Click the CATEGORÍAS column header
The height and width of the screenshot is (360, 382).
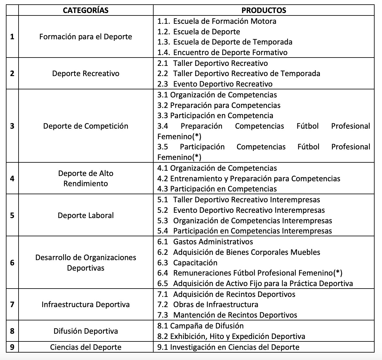click(x=86, y=10)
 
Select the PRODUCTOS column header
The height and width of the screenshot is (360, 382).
click(x=264, y=10)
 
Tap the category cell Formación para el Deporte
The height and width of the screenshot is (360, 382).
click(x=86, y=36)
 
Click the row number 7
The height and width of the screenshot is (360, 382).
click(x=12, y=304)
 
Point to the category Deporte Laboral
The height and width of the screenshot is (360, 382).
click(x=86, y=215)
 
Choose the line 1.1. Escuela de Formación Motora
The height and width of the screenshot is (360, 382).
click(x=217, y=21)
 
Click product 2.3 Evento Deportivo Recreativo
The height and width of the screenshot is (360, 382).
click(x=215, y=84)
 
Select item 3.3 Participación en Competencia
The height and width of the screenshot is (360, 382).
click(x=215, y=115)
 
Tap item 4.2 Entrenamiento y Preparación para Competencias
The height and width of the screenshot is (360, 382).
click(x=248, y=178)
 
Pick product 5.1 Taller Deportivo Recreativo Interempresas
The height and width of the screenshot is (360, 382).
click(x=239, y=199)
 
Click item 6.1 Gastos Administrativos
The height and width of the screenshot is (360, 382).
click(x=205, y=242)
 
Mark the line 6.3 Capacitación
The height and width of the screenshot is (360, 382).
click(x=187, y=263)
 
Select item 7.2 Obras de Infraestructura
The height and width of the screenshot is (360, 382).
click(x=208, y=304)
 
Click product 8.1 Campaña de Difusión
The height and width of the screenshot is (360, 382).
click(x=200, y=326)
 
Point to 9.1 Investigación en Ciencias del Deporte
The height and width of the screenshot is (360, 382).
click(x=228, y=347)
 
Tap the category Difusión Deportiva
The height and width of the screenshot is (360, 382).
click(x=86, y=331)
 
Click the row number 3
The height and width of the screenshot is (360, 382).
click(x=12, y=126)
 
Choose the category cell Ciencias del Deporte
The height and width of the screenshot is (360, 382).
click(x=86, y=347)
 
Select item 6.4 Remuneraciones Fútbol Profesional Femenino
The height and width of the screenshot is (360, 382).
click(x=250, y=273)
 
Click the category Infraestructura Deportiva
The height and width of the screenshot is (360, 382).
click(x=86, y=304)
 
